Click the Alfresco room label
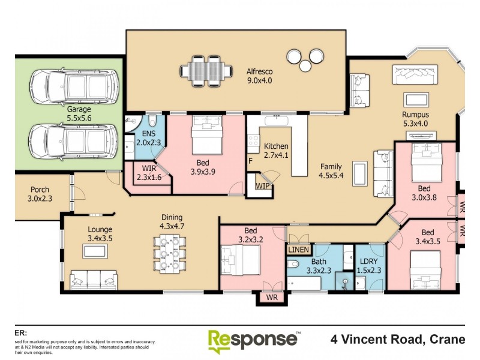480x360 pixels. (x=260, y=75)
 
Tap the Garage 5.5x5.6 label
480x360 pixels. (x=79, y=114)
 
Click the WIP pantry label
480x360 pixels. (x=262, y=185)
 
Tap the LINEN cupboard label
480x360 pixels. (x=298, y=249)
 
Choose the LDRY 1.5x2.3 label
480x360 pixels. (x=368, y=266)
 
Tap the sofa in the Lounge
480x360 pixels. (x=94, y=279)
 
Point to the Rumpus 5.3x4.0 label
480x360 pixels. (x=419, y=118)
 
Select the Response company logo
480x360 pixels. (x=253, y=340)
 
